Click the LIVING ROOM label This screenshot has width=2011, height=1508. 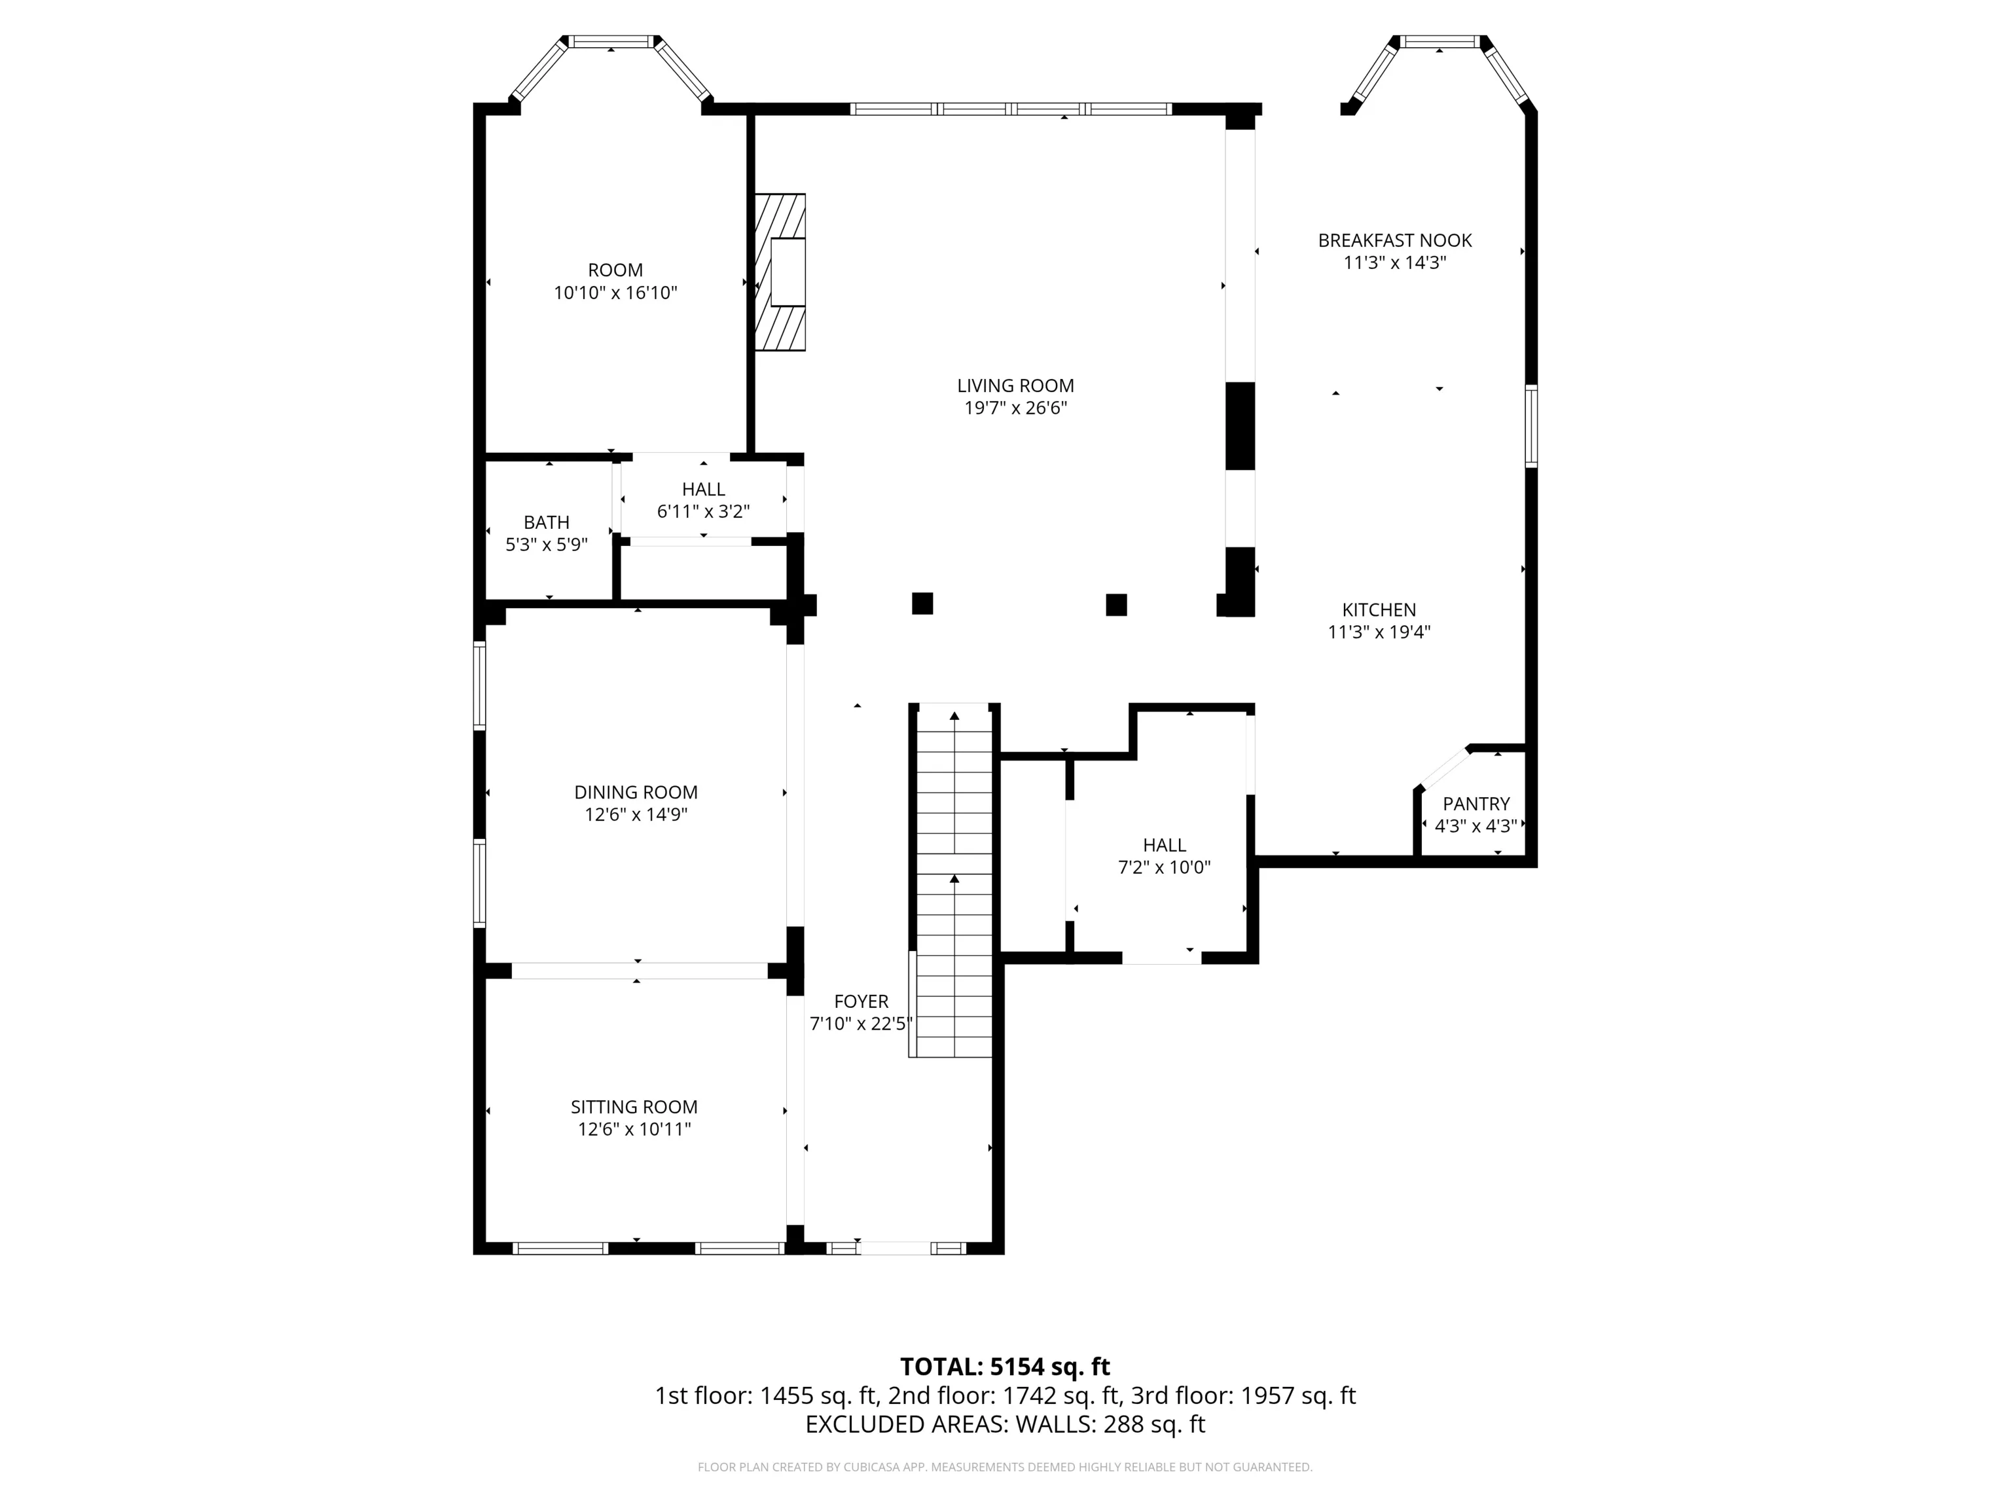[x=1015, y=386]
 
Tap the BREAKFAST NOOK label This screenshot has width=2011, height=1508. [x=1394, y=240]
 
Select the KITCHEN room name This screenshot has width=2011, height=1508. [x=1379, y=610]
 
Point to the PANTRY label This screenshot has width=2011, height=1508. [x=1476, y=804]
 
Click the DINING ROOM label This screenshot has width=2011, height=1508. [x=636, y=792]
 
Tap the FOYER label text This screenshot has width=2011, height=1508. [x=861, y=1001]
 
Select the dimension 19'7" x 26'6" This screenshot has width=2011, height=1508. [x=1015, y=408]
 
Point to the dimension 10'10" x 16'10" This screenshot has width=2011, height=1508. [x=615, y=293]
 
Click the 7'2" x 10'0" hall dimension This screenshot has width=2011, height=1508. [x=1164, y=867]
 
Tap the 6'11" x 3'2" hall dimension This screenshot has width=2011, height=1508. [x=703, y=512]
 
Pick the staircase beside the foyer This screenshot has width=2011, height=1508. [x=954, y=880]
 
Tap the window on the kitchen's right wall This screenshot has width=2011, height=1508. [x=1531, y=426]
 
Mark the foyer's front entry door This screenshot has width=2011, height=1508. [x=895, y=1249]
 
